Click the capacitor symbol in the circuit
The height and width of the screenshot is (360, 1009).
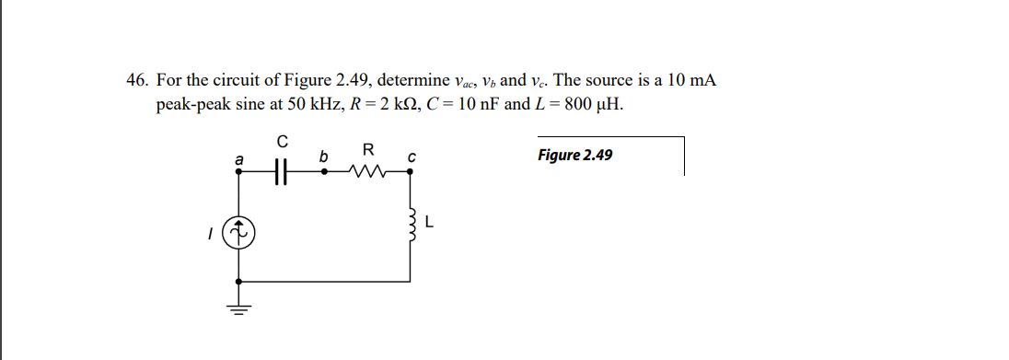click(x=284, y=170)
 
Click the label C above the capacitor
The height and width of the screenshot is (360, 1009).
click(x=284, y=143)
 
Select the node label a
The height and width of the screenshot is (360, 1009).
click(x=239, y=158)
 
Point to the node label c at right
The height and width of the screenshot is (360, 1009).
click(x=412, y=157)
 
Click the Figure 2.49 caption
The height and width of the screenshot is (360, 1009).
click(x=574, y=155)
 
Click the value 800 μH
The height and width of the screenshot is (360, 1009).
click(x=593, y=104)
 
